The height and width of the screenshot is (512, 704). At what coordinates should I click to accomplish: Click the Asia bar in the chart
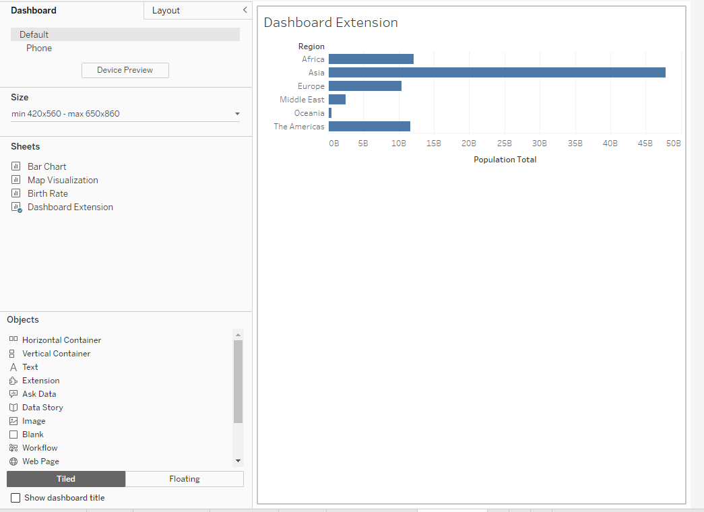tap(497, 73)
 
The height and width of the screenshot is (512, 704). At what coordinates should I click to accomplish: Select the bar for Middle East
tap(337, 100)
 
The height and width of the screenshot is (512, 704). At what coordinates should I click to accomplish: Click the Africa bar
tap(371, 59)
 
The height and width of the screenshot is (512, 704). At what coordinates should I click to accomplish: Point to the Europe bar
tap(364, 86)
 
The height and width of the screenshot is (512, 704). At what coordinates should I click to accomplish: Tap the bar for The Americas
tap(369, 127)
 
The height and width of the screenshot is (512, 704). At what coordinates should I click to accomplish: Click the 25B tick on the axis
tap(504, 143)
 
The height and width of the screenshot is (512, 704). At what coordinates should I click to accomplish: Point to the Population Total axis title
tap(505, 160)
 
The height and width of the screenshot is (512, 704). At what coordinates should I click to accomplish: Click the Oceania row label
tap(309, 113)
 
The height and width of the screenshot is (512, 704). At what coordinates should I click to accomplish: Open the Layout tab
tap(166, 11)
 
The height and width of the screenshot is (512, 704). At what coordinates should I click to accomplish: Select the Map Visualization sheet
tap(63, 180)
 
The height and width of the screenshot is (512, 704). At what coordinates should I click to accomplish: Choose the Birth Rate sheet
tap(47, 193)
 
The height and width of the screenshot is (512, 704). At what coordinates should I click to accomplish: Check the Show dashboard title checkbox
tap(15, 498)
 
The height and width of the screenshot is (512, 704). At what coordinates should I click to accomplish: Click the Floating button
tap(184, 479)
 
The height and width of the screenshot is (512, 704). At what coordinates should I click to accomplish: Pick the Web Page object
tap(40, 461)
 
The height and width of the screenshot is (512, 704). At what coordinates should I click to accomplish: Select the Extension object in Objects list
tap(40, 381)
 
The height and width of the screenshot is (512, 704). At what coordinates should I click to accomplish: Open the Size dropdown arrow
tap(237, 114)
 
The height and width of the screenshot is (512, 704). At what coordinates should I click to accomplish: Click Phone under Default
tap(39, 48)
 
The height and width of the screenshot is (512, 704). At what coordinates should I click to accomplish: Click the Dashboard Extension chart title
tap(330, 23)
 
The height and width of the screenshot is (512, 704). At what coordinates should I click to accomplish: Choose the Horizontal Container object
tap(61, 340)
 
